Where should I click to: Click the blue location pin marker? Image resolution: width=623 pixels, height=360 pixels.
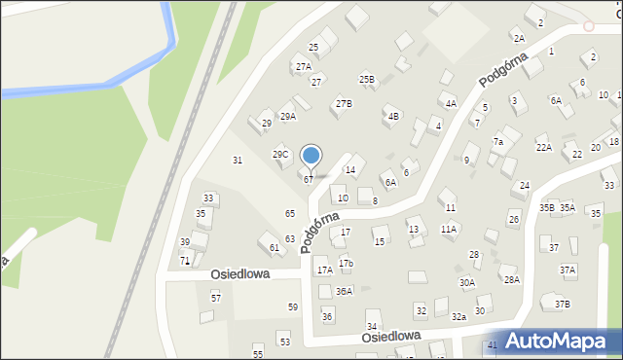click(311, 157)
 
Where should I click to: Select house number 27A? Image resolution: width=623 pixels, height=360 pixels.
click(304, 67)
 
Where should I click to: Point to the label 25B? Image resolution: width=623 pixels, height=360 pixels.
click(367, 79)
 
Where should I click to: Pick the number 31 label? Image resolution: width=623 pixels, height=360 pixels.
click(237, 160)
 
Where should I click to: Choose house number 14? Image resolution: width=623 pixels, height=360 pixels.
click(350, 170)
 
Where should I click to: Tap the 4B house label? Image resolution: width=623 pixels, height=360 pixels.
click(393, 117)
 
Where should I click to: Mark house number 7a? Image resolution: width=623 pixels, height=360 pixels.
click(497, 142)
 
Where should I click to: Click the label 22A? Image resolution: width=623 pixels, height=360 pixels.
click(544, 148)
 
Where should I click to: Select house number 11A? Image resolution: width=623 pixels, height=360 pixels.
click(448, 230)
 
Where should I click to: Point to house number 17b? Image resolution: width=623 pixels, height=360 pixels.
click(346, 264)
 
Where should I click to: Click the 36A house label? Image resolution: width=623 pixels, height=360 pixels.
click(344, 291)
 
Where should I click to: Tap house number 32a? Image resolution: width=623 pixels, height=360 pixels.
click(458, 317)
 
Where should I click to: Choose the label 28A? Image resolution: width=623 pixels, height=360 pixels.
click(510, 279)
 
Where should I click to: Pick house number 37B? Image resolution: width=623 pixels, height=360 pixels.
click(563, 305)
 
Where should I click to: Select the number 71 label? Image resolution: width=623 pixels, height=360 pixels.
click(184, 262)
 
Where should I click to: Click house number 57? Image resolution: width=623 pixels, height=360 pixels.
click(216, 297)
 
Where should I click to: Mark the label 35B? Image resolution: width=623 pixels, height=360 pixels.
click(547, 208)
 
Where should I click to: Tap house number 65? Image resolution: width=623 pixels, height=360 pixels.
click(290, 213)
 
